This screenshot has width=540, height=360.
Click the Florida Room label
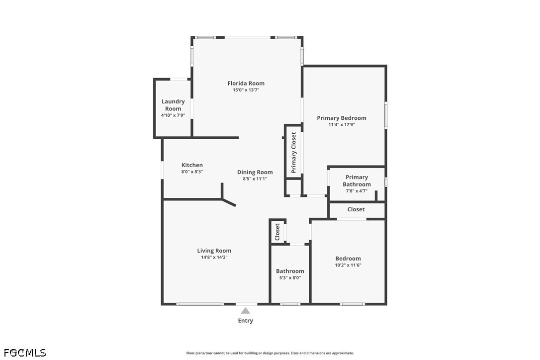[x=246, y=84]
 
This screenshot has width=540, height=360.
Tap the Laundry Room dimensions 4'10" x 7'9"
[x=173, y=115]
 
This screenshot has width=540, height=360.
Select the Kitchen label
[x=192, y=165]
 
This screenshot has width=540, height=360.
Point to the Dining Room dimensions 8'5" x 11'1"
[x=255, y=179]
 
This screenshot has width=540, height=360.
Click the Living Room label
[x=214, y=251]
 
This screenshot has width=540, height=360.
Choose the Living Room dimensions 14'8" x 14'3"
[x=214, y=257]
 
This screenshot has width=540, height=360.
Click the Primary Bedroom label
[x=342, y=118]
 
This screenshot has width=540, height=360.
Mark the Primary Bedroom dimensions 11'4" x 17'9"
[x=342, y=125]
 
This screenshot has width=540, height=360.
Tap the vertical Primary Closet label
[x=293, y=153]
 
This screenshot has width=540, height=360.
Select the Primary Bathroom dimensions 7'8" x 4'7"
[x=357, y=190]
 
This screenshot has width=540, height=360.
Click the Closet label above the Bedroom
[x=356, y=209]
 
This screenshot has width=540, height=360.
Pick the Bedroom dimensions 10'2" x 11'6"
[x=348, y=265]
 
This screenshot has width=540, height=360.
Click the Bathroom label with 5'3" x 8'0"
[x=290, y=271]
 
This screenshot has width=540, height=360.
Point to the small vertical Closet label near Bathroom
[x=277, y=231]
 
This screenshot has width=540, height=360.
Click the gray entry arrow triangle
[x=245, y=310]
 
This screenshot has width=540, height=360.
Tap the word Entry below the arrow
[x=245, y=321]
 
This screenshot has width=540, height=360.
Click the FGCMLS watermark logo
[x=23, y=353]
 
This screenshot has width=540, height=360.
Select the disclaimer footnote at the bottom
[x=270, y=353]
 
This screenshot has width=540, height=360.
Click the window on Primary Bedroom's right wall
[x=386, y=115]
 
